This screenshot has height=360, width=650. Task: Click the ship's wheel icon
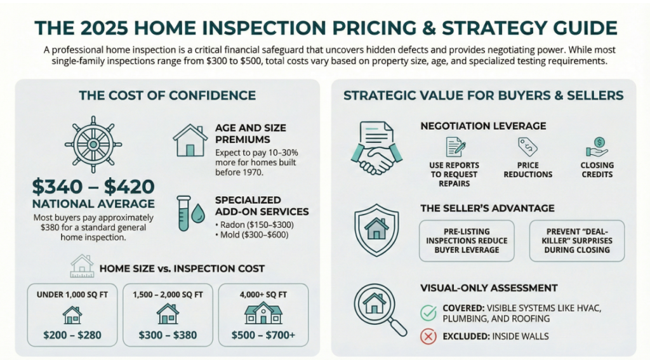(93, 144)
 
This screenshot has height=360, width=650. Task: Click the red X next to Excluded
(428, 337)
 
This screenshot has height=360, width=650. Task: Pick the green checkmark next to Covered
(428, 313)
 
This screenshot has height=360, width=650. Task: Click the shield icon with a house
(376, 230)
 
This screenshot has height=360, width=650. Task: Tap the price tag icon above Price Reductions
(527, 147)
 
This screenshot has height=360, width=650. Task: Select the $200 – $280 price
(72, 335)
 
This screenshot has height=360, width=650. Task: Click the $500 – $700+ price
(263, 335)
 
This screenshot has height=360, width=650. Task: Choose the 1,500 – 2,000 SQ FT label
(168, 295)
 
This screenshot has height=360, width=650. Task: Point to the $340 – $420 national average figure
(93, 187)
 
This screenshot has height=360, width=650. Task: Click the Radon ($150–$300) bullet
(255, 225)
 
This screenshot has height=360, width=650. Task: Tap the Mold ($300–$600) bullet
(251, 235)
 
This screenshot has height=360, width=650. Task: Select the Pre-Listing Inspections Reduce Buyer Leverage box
(467, 241)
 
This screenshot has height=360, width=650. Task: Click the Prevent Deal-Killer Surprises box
(577, 241)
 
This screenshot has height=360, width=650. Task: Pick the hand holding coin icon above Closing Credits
(597, 147)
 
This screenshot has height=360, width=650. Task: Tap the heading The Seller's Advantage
(487, 208)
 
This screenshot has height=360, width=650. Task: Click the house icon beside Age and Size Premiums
(190, 140)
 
